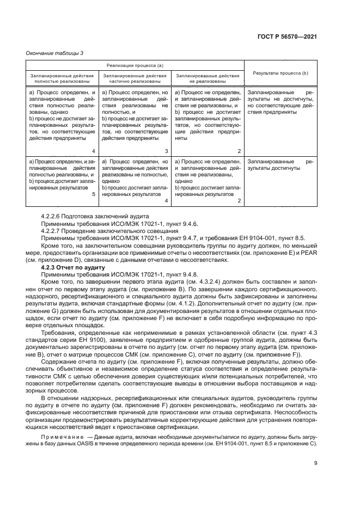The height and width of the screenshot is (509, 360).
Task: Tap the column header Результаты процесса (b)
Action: click(x=279, y=73)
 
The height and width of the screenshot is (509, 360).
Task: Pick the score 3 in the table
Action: click(x=166, y=151)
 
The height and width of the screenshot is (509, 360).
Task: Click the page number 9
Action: click(x=316, y=463)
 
